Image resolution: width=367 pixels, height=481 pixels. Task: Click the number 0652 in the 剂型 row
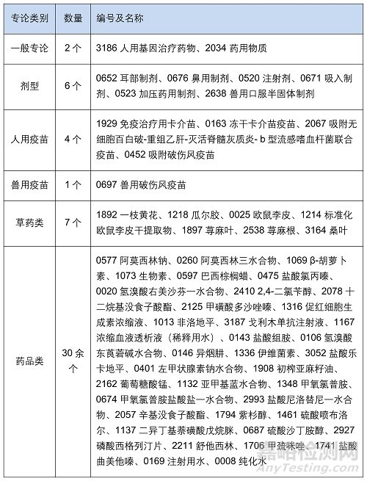[x=108, y=77]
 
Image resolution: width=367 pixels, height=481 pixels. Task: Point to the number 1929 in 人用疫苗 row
[x=108, y=116]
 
